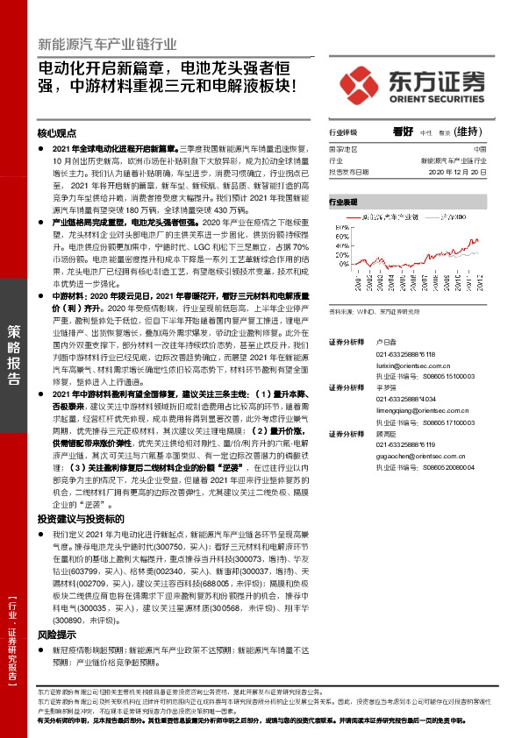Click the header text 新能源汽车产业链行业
[107, 45]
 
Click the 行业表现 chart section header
[343, 202]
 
